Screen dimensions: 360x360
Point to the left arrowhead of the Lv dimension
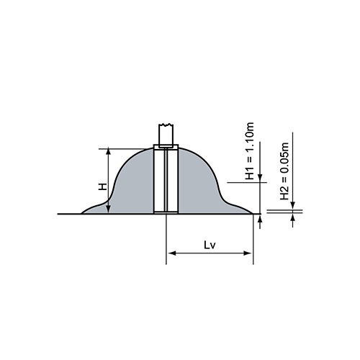pyautogui.click(x=171, y=253)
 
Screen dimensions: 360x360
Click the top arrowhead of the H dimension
pyautogui.click(x=109, y=152)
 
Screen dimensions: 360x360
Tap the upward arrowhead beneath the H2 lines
pyautogui.click(x=293, y=218)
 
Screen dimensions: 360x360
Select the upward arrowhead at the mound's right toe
pyautogui.click(x=257, y=218)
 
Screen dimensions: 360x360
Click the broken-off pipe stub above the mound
pyautogui.click(x=167, y=135)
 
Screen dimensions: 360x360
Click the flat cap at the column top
pyautogui.click(x=167, y=147)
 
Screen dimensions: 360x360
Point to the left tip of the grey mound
pyautogui.click(x=82, y=212)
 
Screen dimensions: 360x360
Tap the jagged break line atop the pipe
pyautogui.click(x=167, y=127)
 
